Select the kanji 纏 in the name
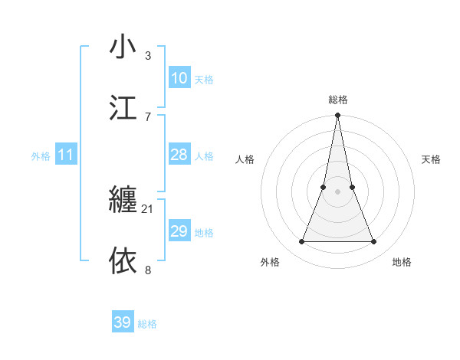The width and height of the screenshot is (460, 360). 123,200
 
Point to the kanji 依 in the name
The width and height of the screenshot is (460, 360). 123,260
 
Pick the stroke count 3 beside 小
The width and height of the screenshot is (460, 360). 148,55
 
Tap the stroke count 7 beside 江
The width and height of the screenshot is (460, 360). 148,116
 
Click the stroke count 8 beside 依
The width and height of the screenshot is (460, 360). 148,270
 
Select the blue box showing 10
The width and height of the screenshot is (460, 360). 179,78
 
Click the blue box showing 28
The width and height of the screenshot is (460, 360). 179,155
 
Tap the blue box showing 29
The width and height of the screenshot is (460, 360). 179,231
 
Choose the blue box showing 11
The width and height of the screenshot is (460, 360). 65,155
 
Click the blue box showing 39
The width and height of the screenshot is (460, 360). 122,322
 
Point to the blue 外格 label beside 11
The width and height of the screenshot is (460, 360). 41,156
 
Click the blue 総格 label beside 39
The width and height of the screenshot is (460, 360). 147,324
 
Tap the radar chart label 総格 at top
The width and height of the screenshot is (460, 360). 337,100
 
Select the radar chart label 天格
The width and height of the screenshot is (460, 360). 432,159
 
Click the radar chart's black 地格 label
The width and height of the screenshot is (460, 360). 402,262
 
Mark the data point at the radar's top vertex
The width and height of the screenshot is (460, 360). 337,116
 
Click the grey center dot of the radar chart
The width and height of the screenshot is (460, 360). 337,191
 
